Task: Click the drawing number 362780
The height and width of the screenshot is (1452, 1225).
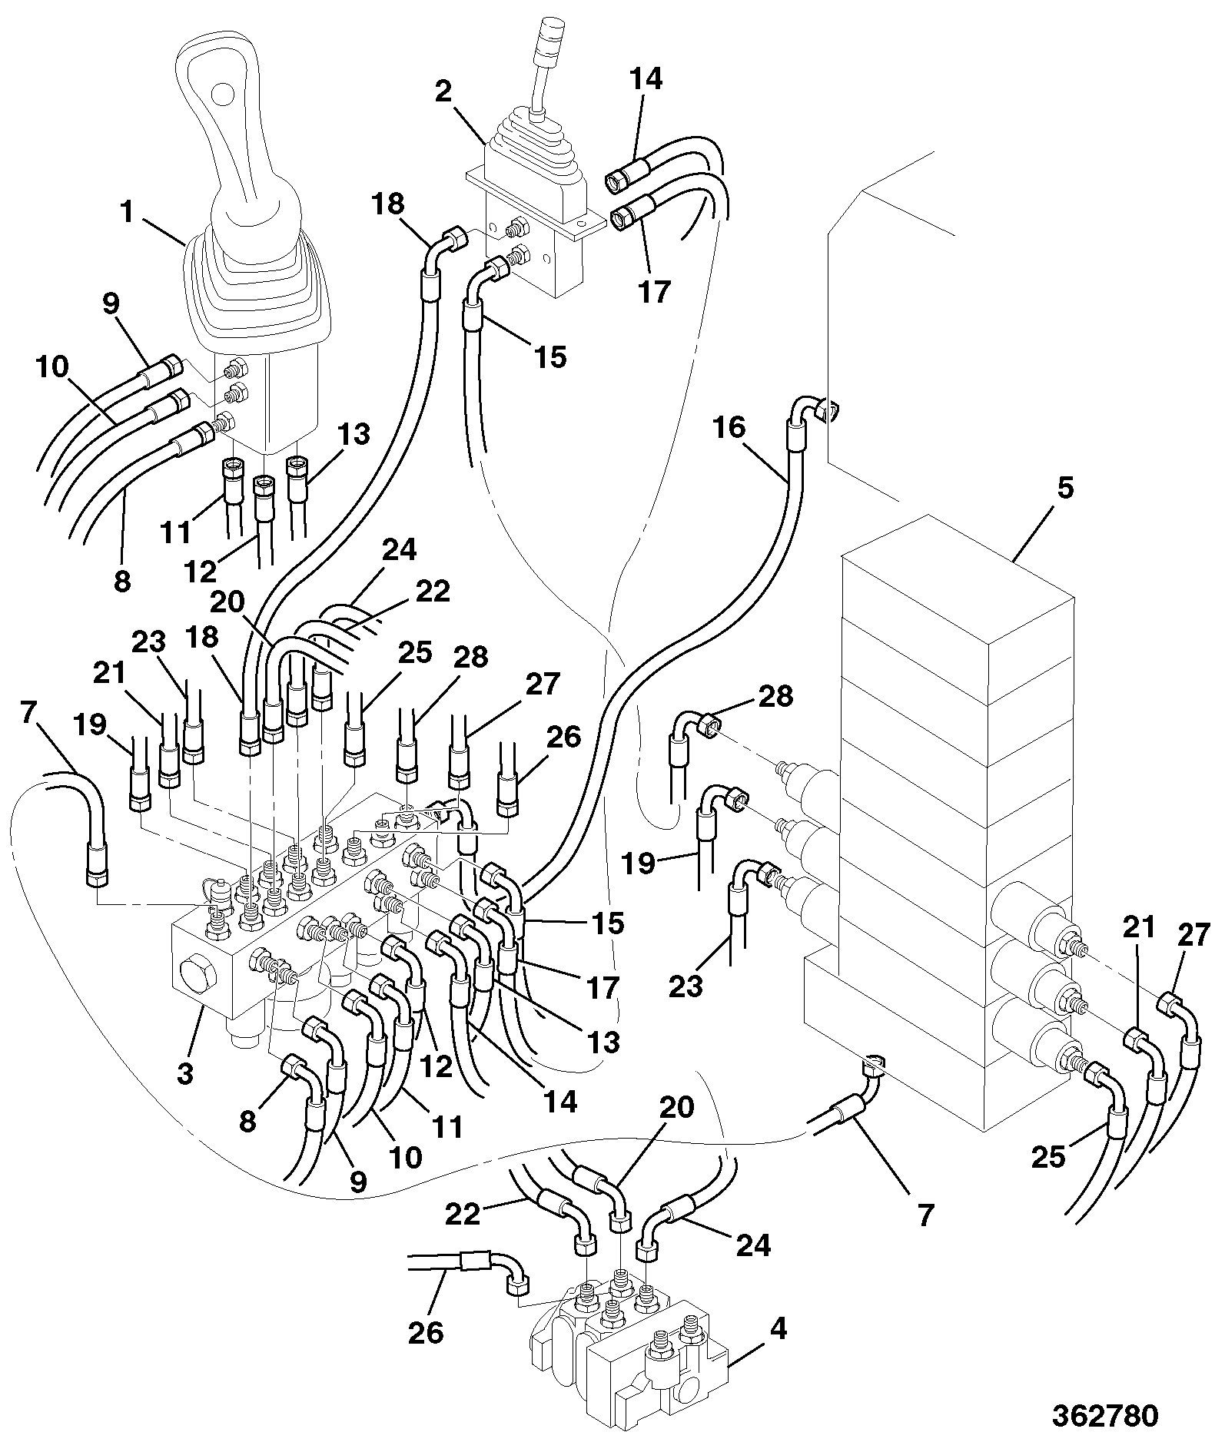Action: (1104, 1415)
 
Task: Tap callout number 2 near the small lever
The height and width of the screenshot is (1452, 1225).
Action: (443, 92)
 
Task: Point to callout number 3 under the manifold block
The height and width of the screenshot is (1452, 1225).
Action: (184, 1072)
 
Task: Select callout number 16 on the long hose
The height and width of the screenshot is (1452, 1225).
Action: (728, 427)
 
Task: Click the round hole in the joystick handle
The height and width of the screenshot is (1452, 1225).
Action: (223, 94)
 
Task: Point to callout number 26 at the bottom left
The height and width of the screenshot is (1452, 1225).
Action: (426, 1333)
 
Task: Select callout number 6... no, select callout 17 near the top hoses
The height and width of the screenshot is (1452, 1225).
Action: (655, 292)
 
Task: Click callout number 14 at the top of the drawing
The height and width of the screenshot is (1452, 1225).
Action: (646, 79)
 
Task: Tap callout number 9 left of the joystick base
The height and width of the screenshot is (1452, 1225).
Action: (111, 304)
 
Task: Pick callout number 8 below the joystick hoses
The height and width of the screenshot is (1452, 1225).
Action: (122, 581)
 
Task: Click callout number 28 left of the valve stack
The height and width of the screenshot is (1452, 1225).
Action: (775, 696)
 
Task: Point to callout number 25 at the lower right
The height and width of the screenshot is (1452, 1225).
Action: (1048, 1156)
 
